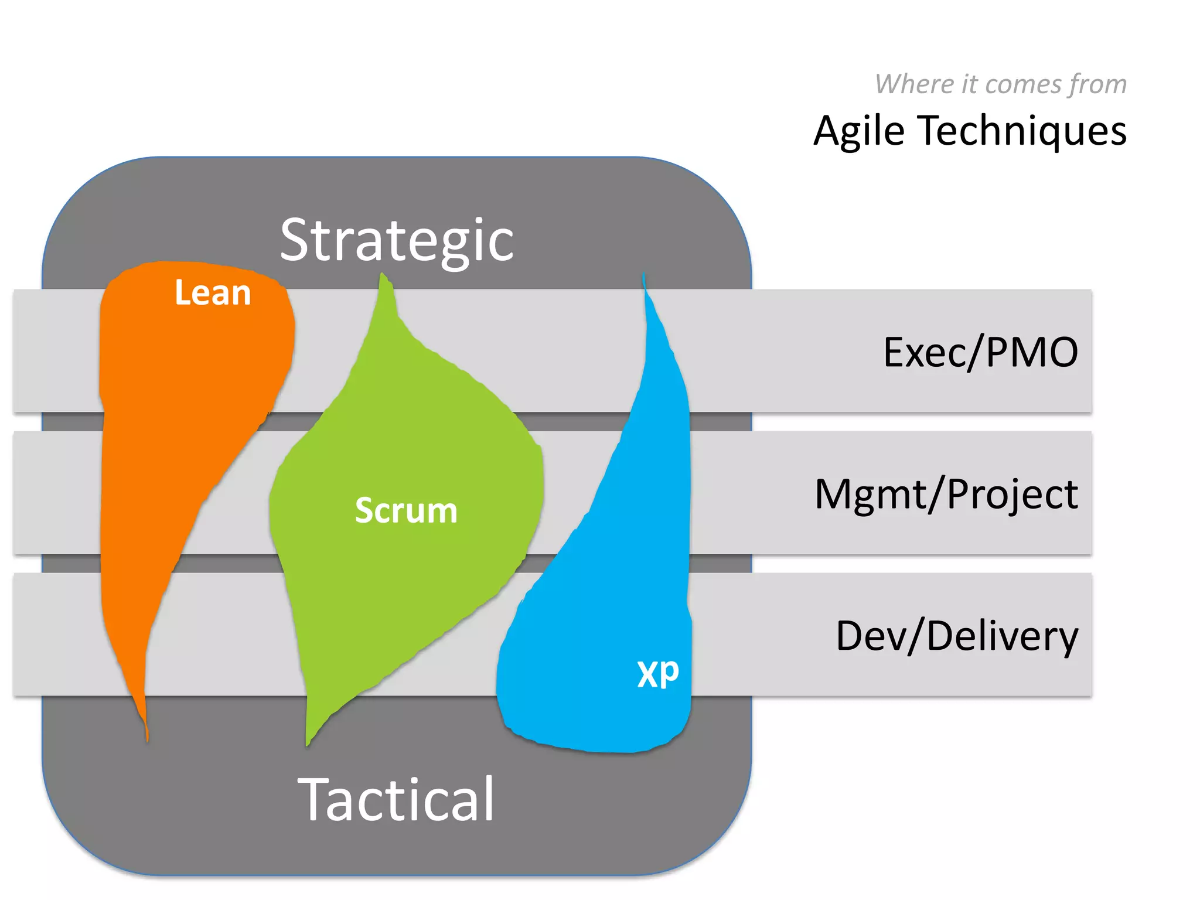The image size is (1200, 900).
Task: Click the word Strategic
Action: pyautogui.click(x=397, y=240)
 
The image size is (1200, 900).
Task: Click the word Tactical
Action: pyautogui.click(x=397, y=799)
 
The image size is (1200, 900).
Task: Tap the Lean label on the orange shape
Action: pyautogui.click(x=213, y=293)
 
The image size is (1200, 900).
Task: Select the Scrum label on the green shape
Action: pyautogui.click(x=406, y=510)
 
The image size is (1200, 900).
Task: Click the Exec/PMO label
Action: pyautogui.click(x=980, y=353)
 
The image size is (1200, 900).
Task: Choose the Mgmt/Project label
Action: pyautogui.click(x=946, y=494)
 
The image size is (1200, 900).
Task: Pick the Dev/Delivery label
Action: pyautogui.click(x=956, y=636)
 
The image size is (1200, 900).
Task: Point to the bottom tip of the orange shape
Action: pyautogui.click(x=147, y=739)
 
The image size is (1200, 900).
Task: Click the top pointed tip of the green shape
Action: pyautogui.click(x=384, y=275)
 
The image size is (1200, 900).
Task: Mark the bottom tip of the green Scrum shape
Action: pyautogui.click(x=308, y=744)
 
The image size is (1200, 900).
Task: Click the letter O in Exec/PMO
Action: pyautogui.click(x=1060, y=353)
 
